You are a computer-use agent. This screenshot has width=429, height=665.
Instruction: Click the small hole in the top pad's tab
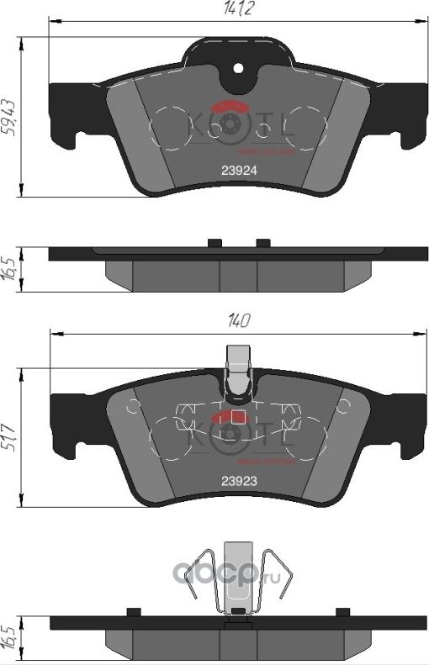(238, 68)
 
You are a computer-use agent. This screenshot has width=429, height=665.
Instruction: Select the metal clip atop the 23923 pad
(239, 371)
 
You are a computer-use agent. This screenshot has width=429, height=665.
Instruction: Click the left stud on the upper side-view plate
(214, 243)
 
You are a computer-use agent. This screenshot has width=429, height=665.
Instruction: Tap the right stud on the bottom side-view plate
(342, 611)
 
